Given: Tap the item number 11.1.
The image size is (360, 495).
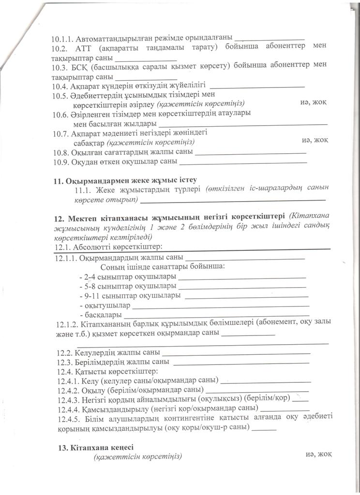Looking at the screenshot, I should point(83,189).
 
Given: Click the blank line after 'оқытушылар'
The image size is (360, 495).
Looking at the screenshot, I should point(221,306).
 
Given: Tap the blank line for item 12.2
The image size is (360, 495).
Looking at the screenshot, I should point(236,353).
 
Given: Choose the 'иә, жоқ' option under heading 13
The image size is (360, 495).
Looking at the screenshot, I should point(318,454).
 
